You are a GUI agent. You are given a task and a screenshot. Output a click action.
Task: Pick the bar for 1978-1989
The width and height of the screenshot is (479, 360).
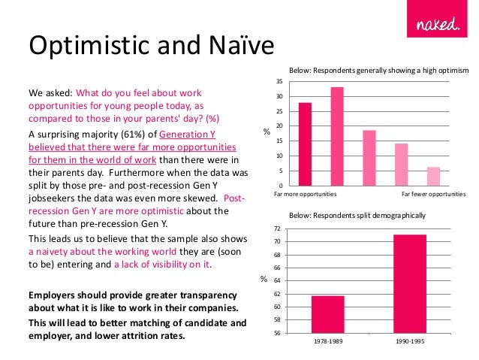pos(328,314)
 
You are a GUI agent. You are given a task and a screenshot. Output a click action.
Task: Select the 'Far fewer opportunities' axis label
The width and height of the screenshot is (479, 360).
pos(434,194)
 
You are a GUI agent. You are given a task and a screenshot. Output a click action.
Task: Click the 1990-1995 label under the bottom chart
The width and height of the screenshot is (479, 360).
pos(408,340)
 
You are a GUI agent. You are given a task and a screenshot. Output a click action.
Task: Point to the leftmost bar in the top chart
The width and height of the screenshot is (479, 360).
pos(305,144)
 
